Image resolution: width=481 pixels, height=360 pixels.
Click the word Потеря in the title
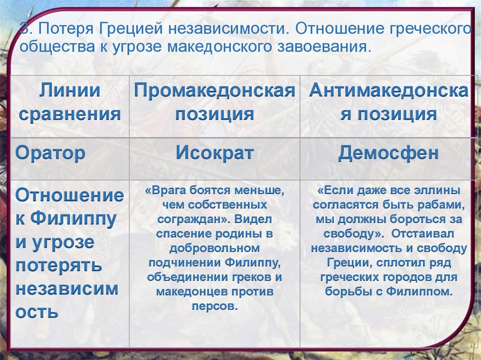65,30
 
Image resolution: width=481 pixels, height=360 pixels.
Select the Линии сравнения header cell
70,102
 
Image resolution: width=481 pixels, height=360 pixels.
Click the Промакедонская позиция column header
215,102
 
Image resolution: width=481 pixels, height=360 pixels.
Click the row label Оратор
51,153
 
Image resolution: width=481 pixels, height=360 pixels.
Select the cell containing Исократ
215,153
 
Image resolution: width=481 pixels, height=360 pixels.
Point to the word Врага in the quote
170,191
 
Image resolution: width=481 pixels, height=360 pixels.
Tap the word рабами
441,205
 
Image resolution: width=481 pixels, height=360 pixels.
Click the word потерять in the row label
59,265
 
